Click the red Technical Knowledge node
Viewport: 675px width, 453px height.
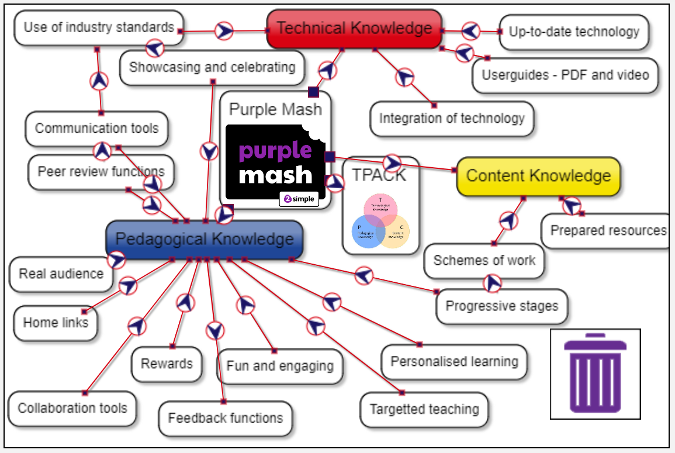tap(354, 29)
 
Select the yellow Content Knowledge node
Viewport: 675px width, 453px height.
tap(538, 176)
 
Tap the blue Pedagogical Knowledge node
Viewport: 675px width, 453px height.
tap(204, 240)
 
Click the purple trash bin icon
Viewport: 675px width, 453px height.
tap(595, 374)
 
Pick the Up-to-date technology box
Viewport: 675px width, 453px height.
tap(574, 32)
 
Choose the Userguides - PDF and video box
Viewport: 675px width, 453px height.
tap(565, 75)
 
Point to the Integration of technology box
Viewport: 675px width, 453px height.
tap(452, 119)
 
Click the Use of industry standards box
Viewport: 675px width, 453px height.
tap(99, 27)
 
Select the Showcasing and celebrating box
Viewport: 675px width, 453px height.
tap(212, 67)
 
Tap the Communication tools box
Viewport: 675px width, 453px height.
tap(96, 129)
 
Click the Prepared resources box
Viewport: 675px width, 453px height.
tap(608, 231)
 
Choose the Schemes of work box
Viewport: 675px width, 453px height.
tap(484, 261)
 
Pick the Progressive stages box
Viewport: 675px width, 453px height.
tap(501, 306)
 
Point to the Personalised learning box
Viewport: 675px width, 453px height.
tap(454, 362)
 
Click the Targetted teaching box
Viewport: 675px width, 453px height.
tap(424, 409)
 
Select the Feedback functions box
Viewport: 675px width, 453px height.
tap(226, 419)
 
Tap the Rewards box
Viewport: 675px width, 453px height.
tap(167, 364)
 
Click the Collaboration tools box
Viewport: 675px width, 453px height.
tap(72, 408)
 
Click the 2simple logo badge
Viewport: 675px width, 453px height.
tap(299, 199)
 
